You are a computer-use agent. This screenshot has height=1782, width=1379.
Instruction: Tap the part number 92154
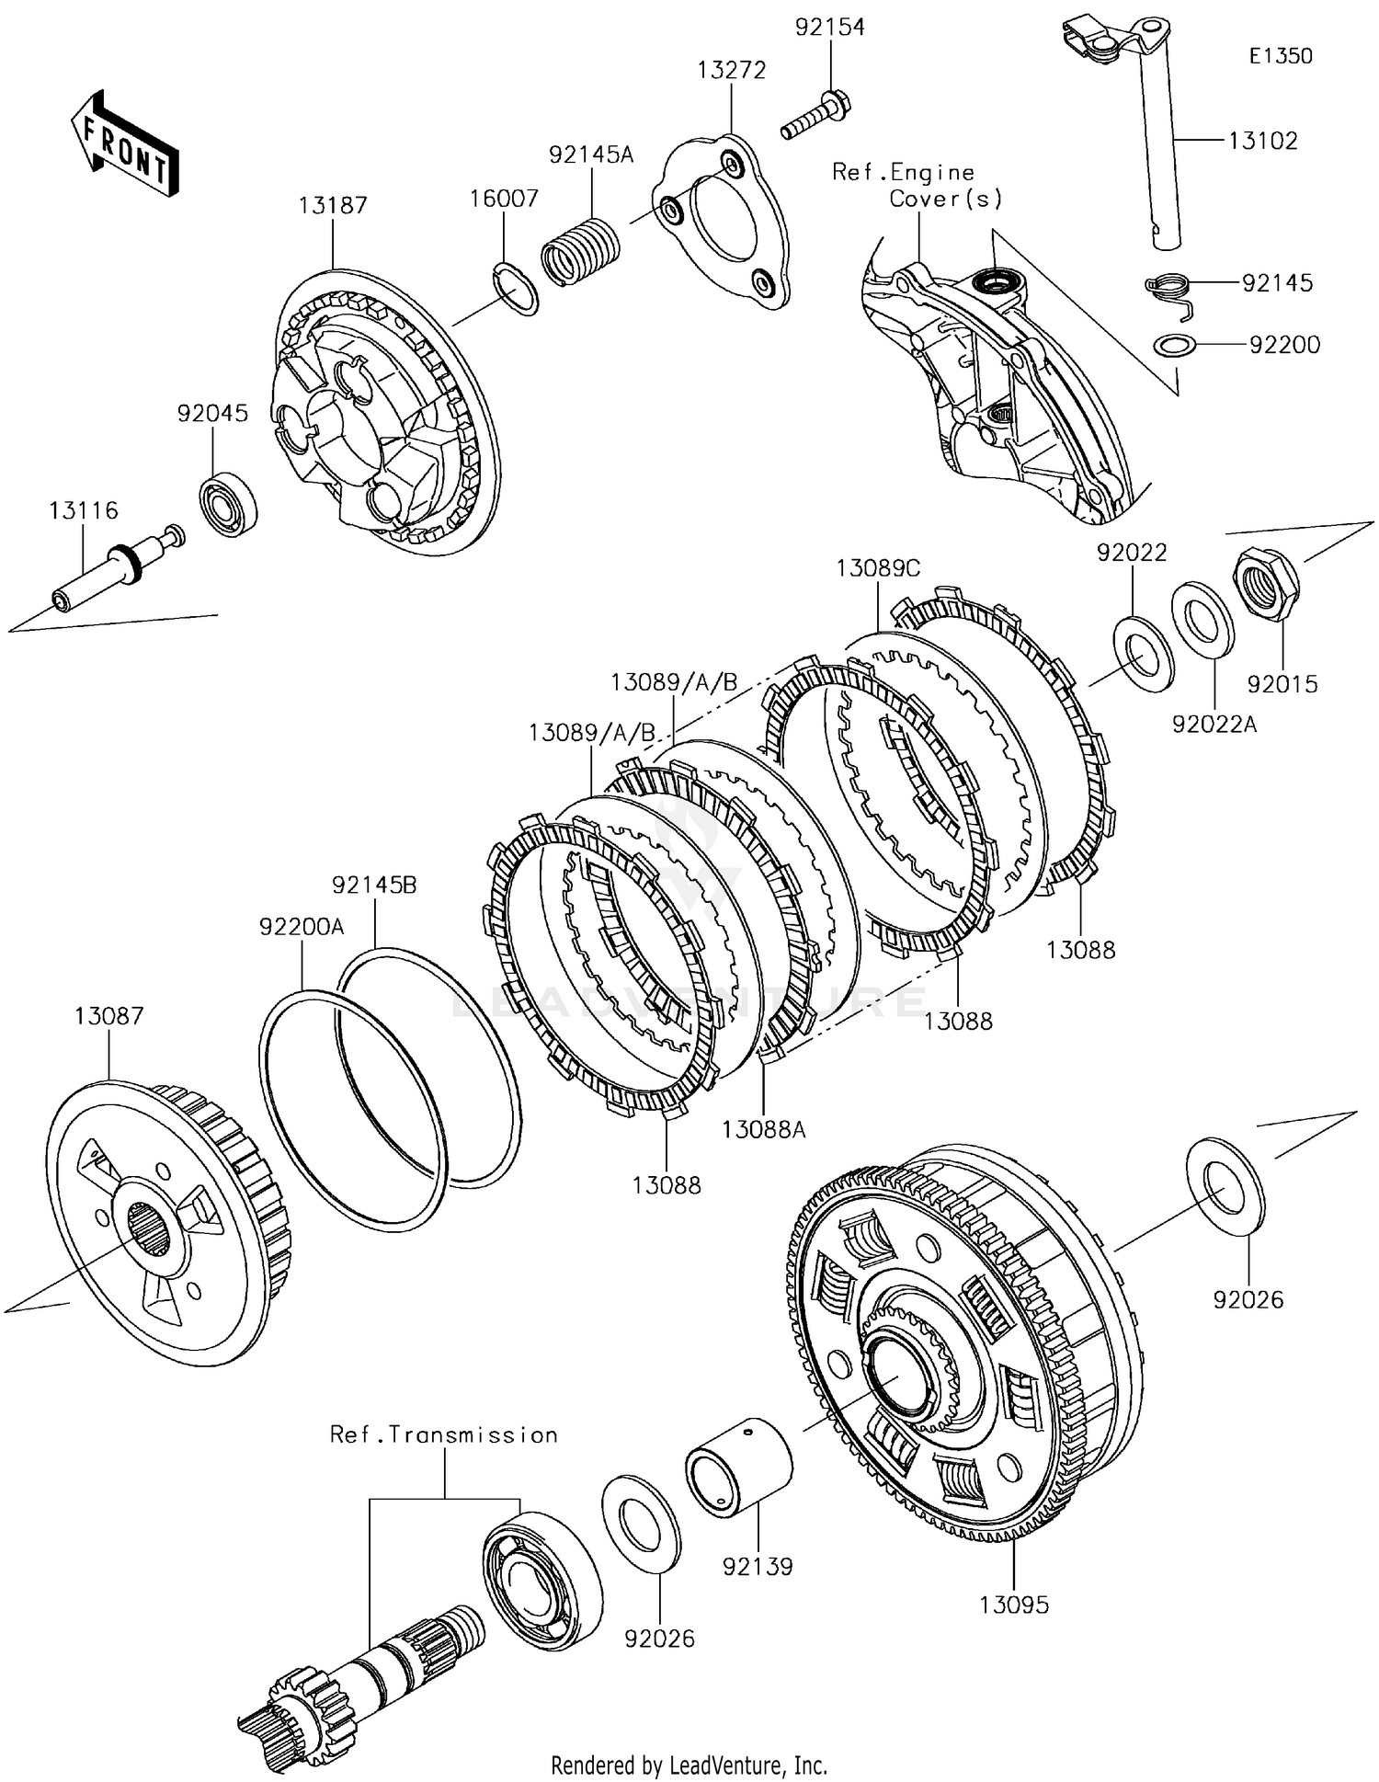click(x=830, y=28)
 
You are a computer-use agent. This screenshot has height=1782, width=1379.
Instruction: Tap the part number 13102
click(x=1263, y=141)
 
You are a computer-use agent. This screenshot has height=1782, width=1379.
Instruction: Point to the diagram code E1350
click(x=1281, y=56)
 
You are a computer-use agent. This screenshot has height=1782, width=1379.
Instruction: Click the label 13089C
click(x=878, y=569)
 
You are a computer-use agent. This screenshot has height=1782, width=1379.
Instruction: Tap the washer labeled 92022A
click(x=1202, y=620)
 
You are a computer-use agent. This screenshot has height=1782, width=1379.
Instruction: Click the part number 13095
click(x=1013, y=1605)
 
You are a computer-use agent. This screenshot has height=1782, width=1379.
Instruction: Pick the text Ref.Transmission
click(x=444, y=1435)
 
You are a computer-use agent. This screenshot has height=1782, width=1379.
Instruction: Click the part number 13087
click(x=109, y=1016)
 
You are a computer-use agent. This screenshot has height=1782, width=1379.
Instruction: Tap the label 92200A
click(x=302, y=927)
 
